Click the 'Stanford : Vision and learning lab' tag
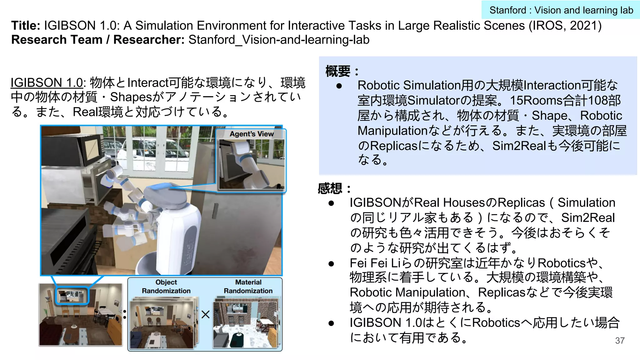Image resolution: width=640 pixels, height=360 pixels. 561,10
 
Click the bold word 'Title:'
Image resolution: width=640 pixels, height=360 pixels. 26,26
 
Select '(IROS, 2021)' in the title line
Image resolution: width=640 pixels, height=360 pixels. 565,26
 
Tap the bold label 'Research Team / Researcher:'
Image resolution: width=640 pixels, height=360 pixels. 98,40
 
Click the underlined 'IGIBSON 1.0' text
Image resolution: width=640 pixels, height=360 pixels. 47,83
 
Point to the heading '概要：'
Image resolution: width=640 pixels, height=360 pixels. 342,71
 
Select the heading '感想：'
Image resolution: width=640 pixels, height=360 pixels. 334,188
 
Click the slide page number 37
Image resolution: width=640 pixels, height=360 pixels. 620,340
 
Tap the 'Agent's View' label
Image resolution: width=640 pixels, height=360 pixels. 252,134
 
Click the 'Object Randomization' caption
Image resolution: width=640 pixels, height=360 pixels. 166,287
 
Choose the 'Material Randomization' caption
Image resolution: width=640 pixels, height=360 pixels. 248,287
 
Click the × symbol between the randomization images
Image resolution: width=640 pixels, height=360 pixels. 206,314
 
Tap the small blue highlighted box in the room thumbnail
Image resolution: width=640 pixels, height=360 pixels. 72,296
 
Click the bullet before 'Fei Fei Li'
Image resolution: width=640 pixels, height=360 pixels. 331,264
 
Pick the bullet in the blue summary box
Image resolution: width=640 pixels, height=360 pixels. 339,86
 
